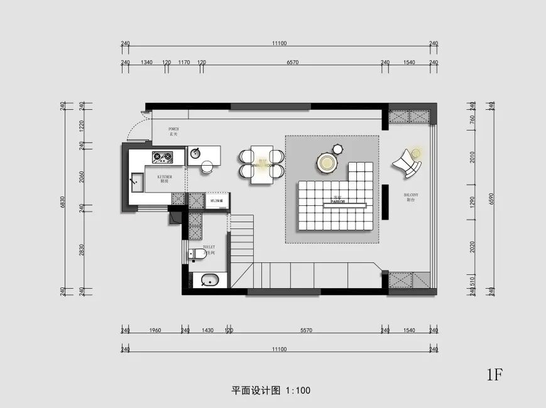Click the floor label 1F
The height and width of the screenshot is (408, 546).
494,375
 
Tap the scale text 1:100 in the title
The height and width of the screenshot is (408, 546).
298,390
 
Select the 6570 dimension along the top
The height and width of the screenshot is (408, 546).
292,63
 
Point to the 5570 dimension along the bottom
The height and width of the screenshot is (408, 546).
306,330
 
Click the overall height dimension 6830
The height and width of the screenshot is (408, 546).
62,201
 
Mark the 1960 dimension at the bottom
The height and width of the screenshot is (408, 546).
155,330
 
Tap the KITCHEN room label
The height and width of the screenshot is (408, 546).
165,179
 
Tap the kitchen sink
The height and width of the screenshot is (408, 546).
137,182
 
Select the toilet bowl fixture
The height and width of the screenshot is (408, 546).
199,253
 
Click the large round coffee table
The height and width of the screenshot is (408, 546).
327,163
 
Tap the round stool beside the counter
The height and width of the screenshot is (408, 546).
207,166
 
